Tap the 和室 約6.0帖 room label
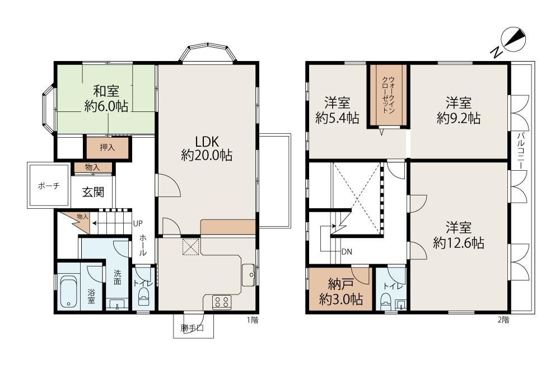106,99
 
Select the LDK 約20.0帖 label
207,148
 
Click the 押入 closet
107,147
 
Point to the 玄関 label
93,192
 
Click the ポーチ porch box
49,185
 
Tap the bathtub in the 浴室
68,292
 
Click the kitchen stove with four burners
222,302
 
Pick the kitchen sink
249,275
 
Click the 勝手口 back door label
192,328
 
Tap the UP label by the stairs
138,223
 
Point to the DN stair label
347,252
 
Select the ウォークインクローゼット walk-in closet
388,95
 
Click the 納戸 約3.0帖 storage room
340,289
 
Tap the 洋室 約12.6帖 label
459,235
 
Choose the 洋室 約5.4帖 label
337,110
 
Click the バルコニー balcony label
520,151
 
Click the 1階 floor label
253,320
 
